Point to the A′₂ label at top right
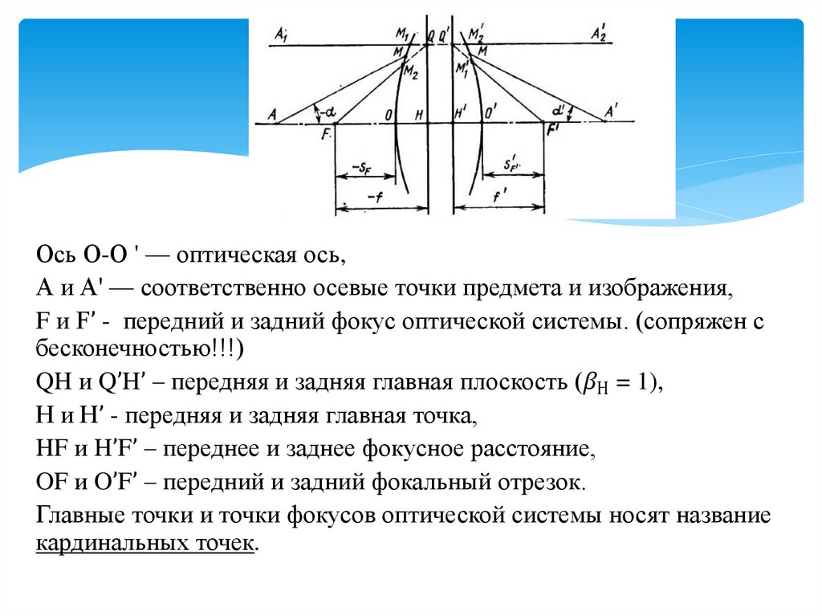tap(599, 33)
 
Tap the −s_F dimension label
tap(360, 167)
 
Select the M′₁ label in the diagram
tap(461, 69)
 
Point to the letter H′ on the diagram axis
tap(461, 113)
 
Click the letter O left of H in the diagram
tap(389, 114)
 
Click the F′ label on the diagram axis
tap(552, 129)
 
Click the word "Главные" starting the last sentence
tap(73, 515)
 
